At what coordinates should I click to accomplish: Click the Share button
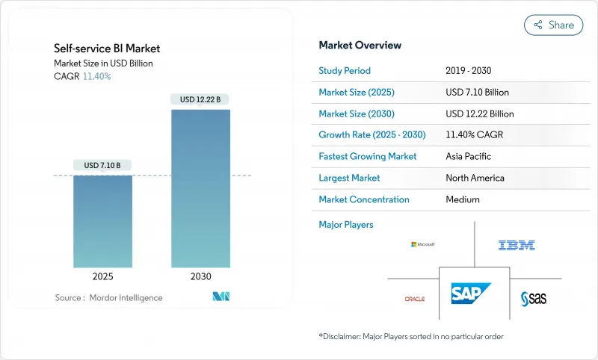coord(553,25)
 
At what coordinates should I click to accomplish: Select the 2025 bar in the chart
coord(102,220)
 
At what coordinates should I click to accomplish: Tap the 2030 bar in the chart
coord(200,188)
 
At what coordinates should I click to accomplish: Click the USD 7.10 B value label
coord(102,165)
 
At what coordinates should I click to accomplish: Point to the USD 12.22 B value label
coord(200,99)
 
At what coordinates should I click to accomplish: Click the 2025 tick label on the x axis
coord(102,276)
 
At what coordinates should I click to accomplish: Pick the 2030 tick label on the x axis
coord(200,276)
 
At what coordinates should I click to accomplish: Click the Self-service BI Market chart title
coord(107,49)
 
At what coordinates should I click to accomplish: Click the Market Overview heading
coord(360,46)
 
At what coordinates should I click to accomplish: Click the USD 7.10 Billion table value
coord(477,93)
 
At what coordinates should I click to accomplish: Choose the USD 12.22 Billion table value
coord(479,114)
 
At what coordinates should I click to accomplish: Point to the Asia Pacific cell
coord(468,157)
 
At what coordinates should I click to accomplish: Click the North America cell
coord(475,179)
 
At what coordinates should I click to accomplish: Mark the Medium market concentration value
coord(462,199)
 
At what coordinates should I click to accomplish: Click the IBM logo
coord(517,245)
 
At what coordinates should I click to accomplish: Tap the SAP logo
coord(471,294)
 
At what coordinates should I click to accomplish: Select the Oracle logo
coord(414,299)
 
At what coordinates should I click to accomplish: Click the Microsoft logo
coord(422,244)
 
